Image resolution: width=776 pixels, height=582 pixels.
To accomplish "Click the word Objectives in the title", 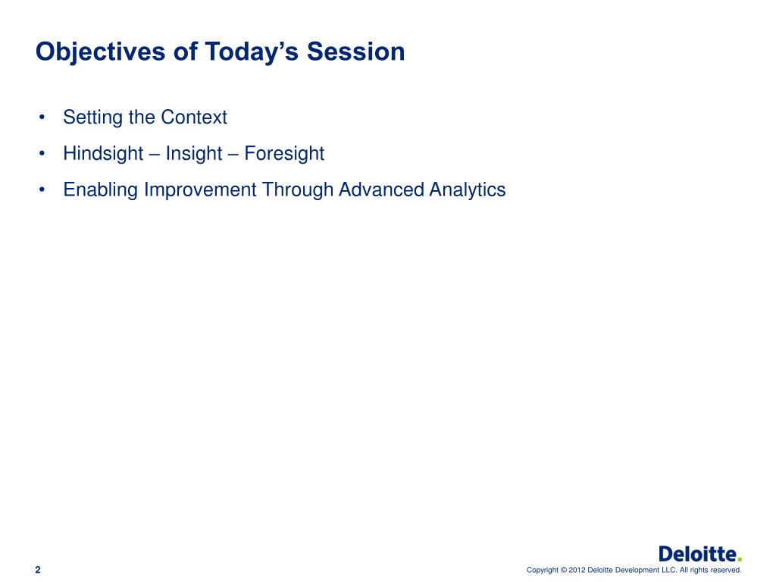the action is (x=101, y=52).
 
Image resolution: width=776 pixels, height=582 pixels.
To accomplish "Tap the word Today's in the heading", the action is (x=252, y=52).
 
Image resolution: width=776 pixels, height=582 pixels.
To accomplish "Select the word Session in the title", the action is (x=356, y=52).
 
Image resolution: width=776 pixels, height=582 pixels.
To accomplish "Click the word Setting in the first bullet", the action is (x=93, y=117).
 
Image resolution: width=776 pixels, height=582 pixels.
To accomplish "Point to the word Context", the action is (x=194, y=117).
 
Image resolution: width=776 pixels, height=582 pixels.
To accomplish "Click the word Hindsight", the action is (x=103, y=154).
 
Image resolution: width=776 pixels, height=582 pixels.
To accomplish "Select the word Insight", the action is (x=194, y=154).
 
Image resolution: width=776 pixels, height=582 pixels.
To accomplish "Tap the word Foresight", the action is (x=285, y=154).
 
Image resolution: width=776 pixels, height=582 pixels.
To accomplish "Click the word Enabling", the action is (x=101, y=190).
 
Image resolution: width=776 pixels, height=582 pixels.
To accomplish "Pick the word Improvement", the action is (x=200, y=189).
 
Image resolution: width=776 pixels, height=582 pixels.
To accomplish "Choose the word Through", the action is (x=297, y=190).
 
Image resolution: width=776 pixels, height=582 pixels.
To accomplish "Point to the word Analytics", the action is (x=468, y=190).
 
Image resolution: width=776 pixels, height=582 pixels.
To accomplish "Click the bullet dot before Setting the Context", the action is (x=42, y=117).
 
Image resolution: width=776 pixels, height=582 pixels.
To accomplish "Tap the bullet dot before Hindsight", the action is (x=42, y=154).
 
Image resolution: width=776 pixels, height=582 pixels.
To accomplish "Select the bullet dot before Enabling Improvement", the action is (x=42, y=190).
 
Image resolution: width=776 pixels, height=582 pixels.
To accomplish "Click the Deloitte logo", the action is (x=700, y=554).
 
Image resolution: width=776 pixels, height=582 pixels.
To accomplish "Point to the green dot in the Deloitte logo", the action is (x=740, y=560).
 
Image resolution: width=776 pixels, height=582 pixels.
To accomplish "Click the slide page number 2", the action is (x=38, y=570).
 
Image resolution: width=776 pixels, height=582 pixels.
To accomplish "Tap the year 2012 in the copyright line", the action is (x=577, y=570).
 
